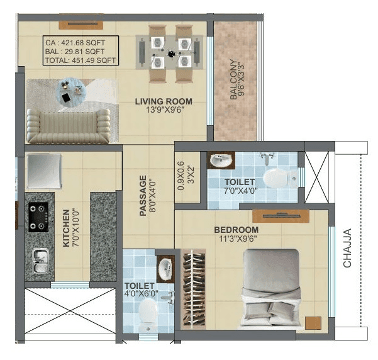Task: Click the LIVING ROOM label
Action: (x=164, y=101)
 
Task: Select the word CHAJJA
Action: (x=347, y=248)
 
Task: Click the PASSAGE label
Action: (x=143, y=196)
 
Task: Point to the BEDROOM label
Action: (x=236, y=230)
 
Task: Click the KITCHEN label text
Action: (x=67, y=227)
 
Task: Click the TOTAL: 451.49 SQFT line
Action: (x=80, y=61)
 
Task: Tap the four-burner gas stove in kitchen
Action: (x=38, y=217)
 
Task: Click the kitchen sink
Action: (x=41, y=258)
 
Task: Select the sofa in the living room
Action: (x=68, y=126)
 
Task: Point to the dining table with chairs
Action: (x=170, y=53)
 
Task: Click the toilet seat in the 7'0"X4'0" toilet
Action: (x=277, y=178)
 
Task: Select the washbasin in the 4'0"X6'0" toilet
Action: (x=165, y=270)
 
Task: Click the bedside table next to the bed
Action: (x=313, y=323)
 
